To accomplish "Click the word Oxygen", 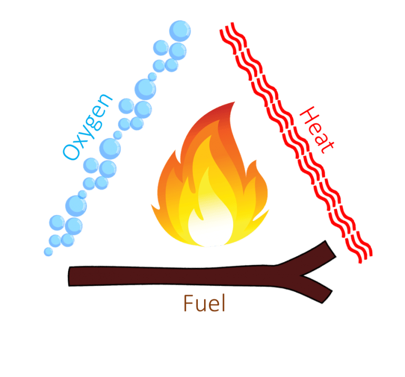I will [88, 127].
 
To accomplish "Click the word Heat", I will [315, 129].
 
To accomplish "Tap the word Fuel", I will [204, 303].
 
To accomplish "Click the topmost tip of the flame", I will [233, 103].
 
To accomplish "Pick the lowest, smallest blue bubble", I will [49, 252].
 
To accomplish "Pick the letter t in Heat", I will [326, 145].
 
